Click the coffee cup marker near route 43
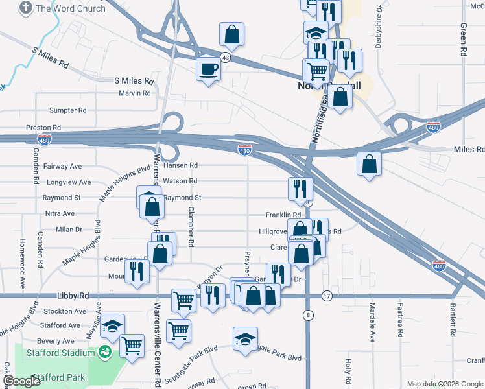(208, 68)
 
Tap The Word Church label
(71, 8)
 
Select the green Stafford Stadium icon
(104, 351)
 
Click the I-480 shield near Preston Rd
(45, 139)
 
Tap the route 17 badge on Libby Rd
(326, 296)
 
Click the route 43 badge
(225, 58)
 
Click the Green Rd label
(464, 40)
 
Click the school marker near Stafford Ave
(113, 326)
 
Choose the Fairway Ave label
(63, 167)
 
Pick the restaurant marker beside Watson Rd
(300, 189)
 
